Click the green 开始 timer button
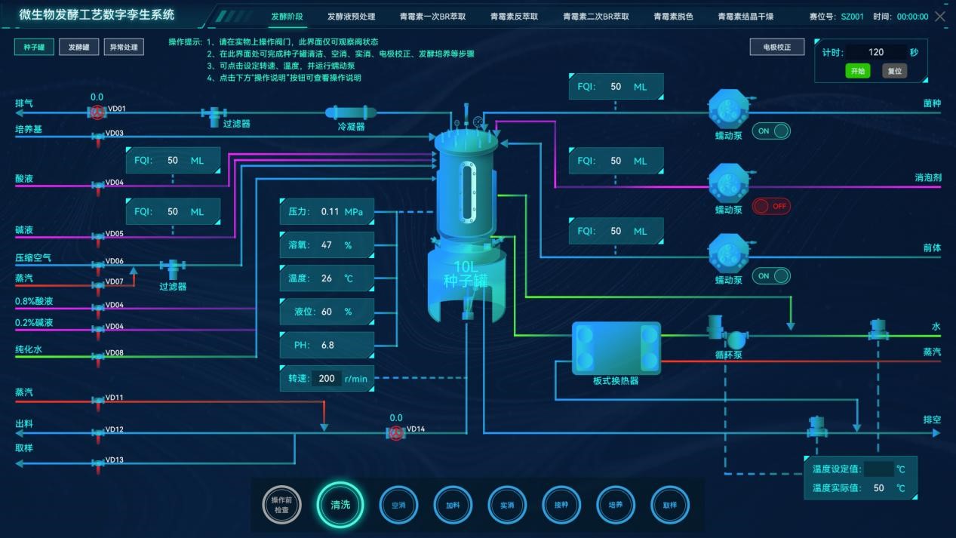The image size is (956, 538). coord(857,71)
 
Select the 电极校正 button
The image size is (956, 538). coord(776,47)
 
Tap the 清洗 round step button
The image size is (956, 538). coord(340,505)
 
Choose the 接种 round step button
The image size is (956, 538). coord(561,505)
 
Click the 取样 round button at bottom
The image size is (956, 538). coord(669,505)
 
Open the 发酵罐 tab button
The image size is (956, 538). coord(78,48)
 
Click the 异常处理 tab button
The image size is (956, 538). coord(124,48)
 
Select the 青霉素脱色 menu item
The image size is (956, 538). coord(673,17)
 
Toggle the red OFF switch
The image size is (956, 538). coord(771,206)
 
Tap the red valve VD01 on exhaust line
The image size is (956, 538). coord(97,112)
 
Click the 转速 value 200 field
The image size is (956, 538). coord(327,378)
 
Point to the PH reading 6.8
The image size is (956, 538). coord(327,345)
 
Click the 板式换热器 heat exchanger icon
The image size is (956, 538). coord(616,348)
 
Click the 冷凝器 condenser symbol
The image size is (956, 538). coord(351,112)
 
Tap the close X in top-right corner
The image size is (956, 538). coord(940,16)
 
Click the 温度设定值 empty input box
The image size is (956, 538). coord(878,469)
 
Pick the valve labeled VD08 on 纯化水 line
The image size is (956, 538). coord(97,356)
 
